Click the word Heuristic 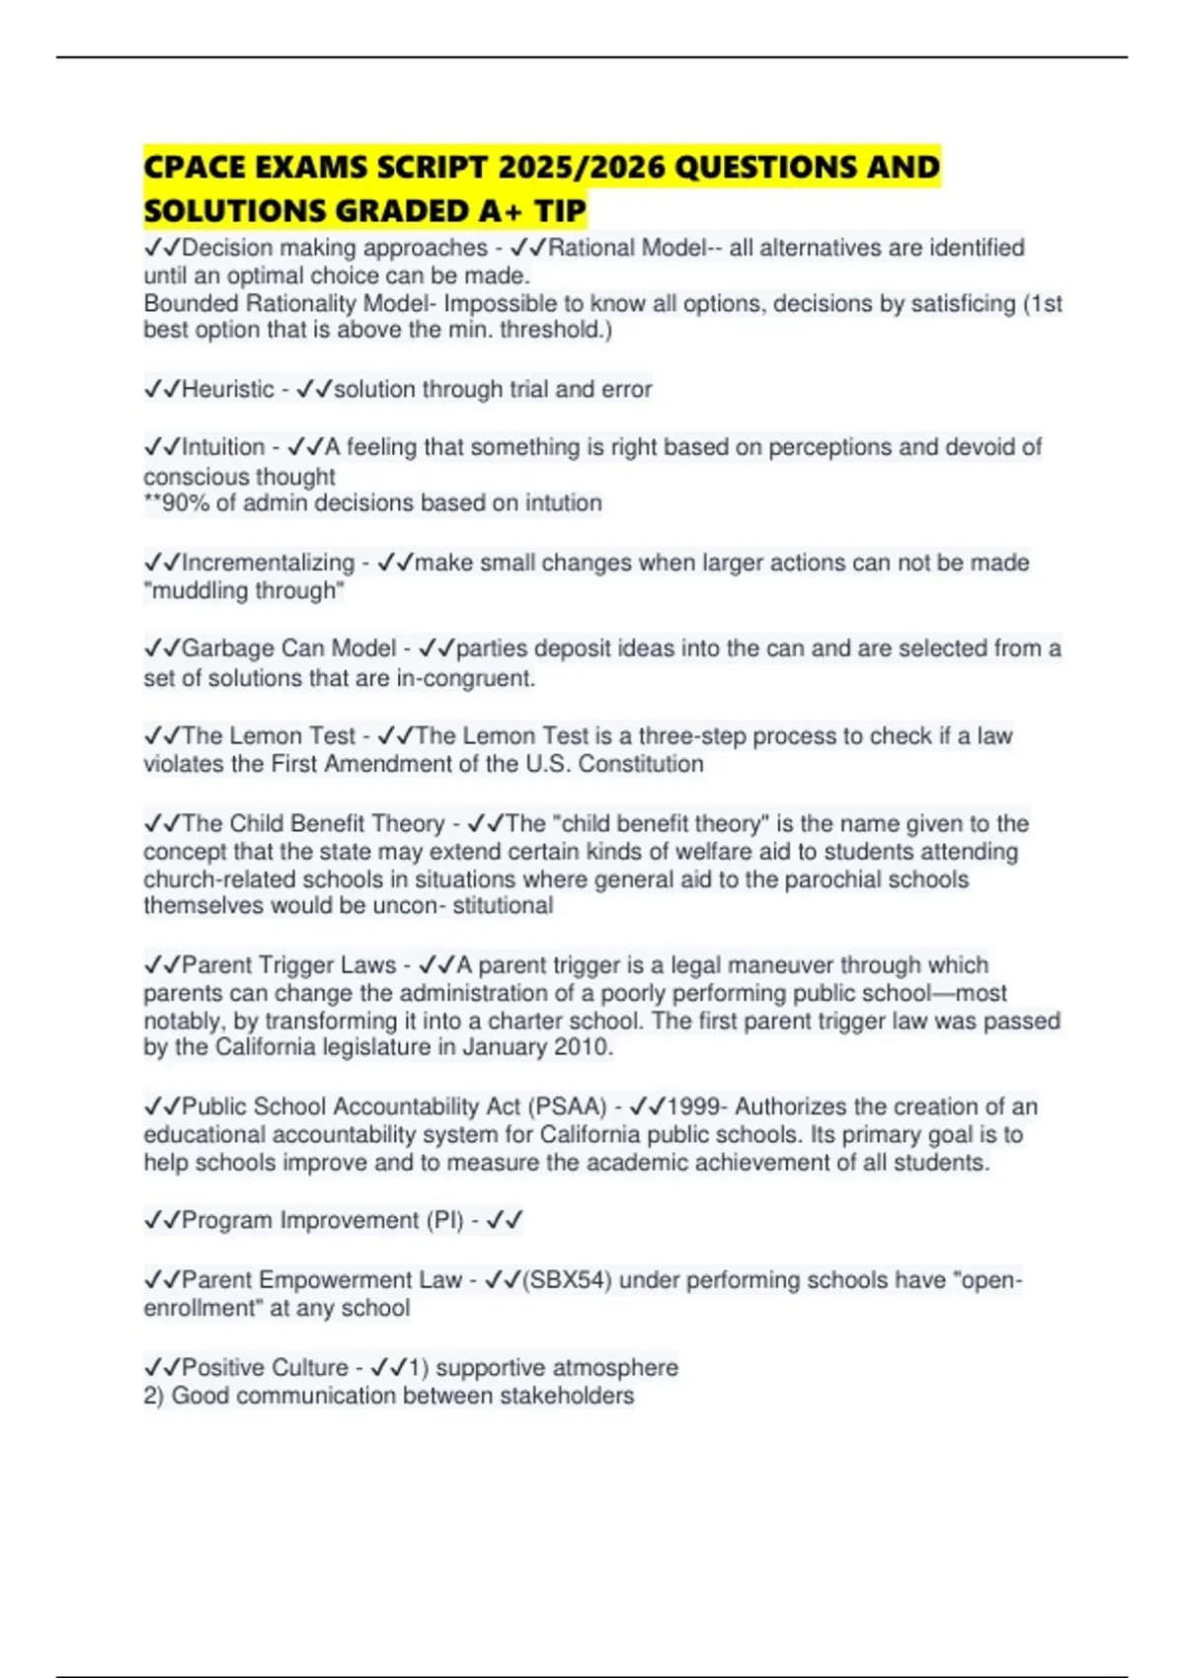coord(228,389)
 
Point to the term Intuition coord(223,447)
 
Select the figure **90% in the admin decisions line coord(177,503)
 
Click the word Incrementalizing coord(268,563)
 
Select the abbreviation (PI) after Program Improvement coord(445,1220)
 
